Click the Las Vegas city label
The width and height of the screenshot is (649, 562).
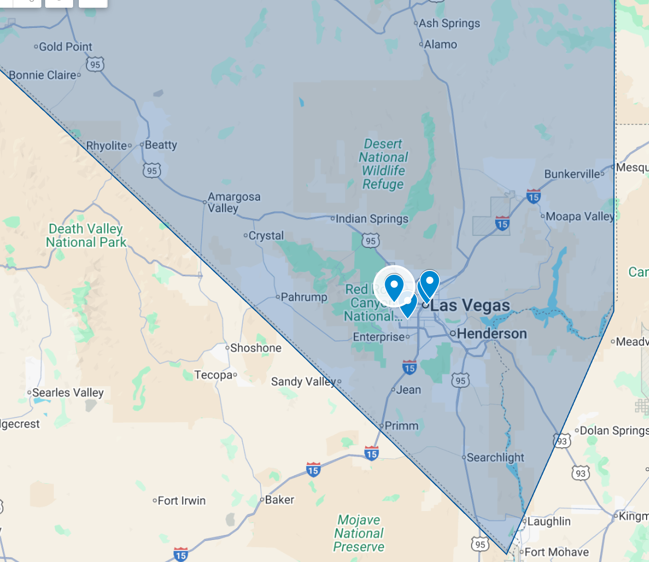[470, 305]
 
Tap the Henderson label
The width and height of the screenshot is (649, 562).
[491, 333]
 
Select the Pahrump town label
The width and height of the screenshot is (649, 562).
[304, 297]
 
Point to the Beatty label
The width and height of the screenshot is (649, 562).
[161, 145]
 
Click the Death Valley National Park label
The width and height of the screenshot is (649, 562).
[86, 235]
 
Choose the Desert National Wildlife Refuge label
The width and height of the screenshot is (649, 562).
[383, 164]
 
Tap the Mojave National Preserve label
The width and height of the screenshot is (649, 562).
[359, 533]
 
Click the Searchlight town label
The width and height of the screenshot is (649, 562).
[495, 457]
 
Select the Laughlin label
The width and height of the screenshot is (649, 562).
[549, 521]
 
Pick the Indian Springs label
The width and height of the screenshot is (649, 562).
[372, 219]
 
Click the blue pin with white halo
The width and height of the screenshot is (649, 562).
[394, 287]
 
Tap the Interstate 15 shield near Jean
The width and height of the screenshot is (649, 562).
[410, 367]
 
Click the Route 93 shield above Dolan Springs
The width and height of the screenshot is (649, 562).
[562, 440]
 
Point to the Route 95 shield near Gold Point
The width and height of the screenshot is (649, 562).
[95, 64]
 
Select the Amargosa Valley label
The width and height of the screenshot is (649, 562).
[234, 202]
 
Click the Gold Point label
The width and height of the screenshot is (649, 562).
[65, 47]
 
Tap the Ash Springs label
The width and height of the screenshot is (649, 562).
[449, 23]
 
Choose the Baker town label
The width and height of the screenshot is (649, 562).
[279, 500]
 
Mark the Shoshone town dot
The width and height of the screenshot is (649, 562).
[227, 348]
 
